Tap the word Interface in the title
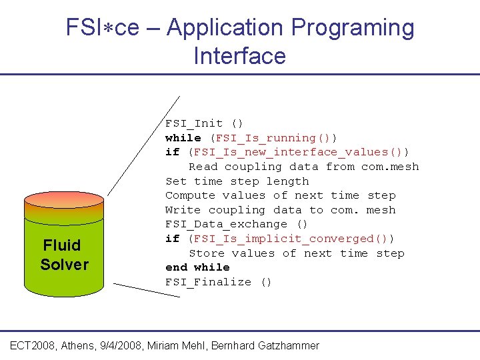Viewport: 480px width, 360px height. pyautogui.click(x=240, y=55)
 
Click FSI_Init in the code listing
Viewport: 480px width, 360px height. pyautogui.click(x=195, y=123)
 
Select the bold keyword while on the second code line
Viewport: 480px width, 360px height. pyautogui.click(x=183, y=138)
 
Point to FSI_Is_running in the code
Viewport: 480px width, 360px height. pyautogui.click(x=266, y=138)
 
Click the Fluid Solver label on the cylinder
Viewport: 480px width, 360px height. pyautogui.click(x=64, y=255)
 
